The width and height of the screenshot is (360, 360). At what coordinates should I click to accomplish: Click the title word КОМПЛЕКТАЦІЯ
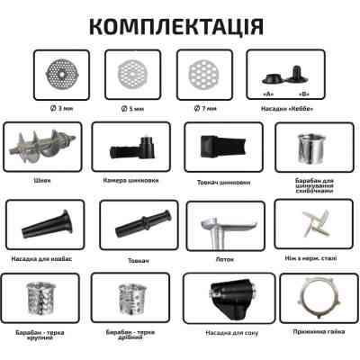point(179,24)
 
